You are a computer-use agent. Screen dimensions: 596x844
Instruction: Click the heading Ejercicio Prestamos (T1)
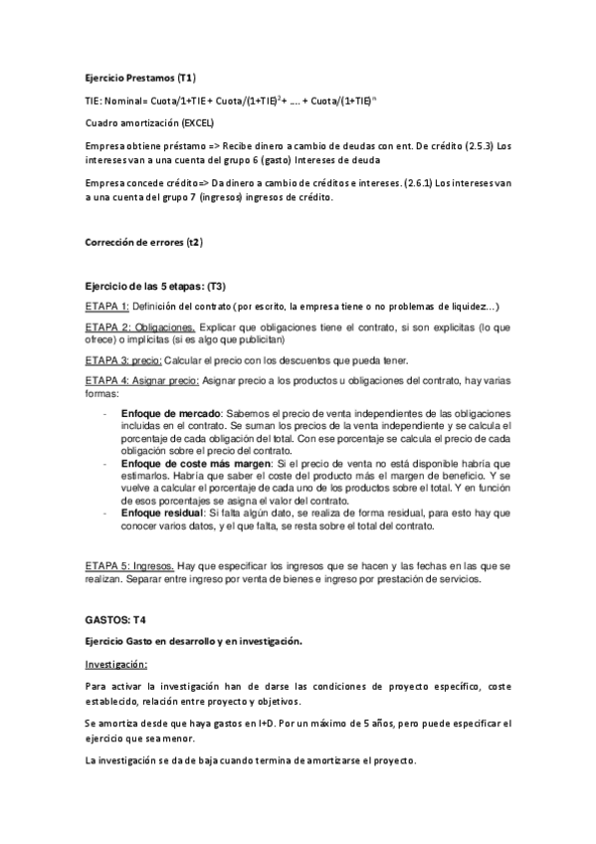pyautogui.click(x=139, y=78)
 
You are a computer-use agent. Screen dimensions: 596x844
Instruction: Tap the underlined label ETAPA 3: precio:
pyautogui.click(x=126, y=359)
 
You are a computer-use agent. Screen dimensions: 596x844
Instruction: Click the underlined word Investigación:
pyautogui.click(x=115, y=664)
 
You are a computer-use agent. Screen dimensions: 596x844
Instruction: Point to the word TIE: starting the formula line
pyautogui.click(x=95, y=101)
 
